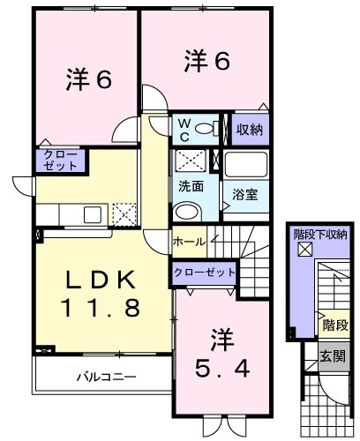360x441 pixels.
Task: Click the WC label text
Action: pos(184,131)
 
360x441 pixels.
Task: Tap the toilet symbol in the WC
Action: pos(207,129)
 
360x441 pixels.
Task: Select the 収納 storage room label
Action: pos(250,130)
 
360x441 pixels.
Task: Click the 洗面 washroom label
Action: pos(191,186)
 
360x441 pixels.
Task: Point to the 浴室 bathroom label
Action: pos(245,194)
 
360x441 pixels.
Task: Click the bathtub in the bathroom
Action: pos(246,164)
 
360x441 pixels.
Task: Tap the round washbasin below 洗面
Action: pos(187,211)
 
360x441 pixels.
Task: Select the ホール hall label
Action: pos(189,242)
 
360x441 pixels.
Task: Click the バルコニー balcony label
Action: pos(107,377)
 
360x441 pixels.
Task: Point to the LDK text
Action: pos(101,280)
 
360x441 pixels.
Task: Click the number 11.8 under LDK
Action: pos(100,307)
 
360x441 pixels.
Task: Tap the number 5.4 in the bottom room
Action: pos(222,369)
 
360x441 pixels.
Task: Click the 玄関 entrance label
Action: pos(333,356)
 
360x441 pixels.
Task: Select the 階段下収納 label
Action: pos(320,235)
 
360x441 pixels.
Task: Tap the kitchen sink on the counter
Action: pos(93,214)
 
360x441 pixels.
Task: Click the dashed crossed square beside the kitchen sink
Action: pos(124,214)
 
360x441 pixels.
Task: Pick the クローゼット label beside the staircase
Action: pos(205,273)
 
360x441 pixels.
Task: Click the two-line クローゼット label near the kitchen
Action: pos(60,161)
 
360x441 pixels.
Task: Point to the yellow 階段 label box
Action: pos(335,325)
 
